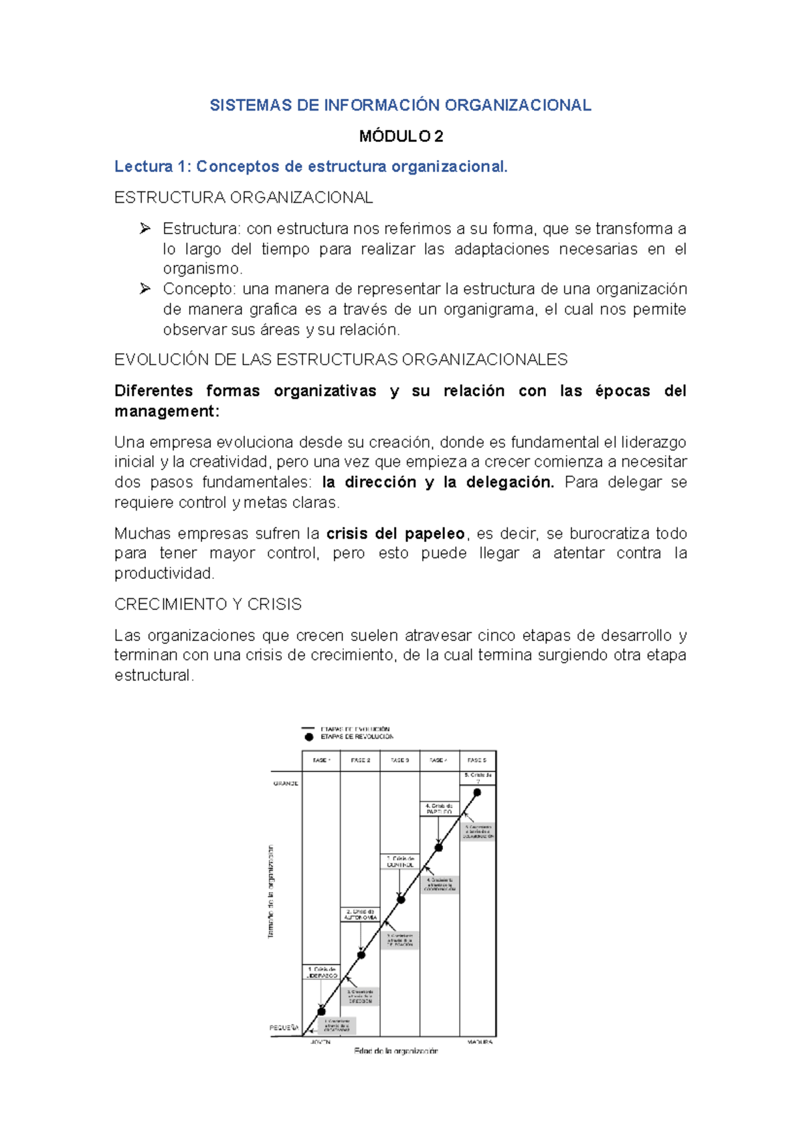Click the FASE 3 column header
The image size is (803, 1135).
pos(399,760)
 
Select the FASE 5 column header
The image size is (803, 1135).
pos(477,760)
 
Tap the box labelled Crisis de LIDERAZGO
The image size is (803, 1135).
pos(322,972)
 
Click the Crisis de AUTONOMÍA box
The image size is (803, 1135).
pos(361,914)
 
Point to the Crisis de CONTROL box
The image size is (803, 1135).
pos(400,861)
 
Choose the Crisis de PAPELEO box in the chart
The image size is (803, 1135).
pos(439,808)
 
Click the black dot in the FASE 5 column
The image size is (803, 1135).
pos(477,792)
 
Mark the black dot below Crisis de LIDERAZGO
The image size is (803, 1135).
pos(322,1011)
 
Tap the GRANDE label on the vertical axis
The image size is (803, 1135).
pos(286,783)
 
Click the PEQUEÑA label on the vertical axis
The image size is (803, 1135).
pos(284,1027)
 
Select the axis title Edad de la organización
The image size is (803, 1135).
pos(396,1051)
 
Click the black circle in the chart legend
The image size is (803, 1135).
pos(308,737)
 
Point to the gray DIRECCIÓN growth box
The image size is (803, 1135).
pos(360,996)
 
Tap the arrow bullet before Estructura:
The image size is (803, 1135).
pos(145,229)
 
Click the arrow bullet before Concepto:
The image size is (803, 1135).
pos(145,289)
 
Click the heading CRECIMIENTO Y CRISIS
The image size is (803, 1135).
pos(207,604)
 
